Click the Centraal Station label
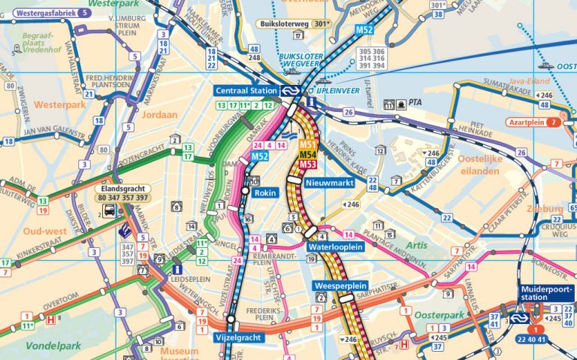(246, 90)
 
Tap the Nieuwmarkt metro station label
(329, 182)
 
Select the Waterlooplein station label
(336, 247)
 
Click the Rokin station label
(266, 192)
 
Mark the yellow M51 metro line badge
(308, 144)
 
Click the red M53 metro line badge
(308, 164)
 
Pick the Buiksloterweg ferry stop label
(286, 23)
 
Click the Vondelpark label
(31, 346)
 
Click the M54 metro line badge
(308, 154)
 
